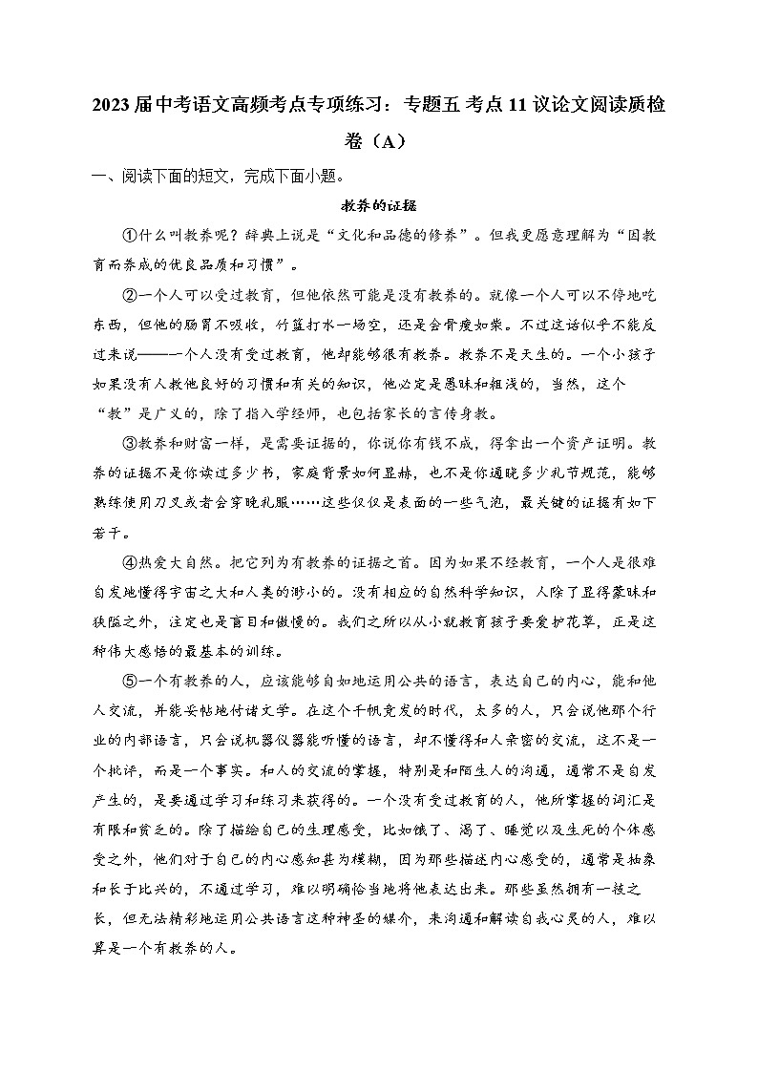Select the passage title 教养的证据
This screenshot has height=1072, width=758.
[x=378, y=205]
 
